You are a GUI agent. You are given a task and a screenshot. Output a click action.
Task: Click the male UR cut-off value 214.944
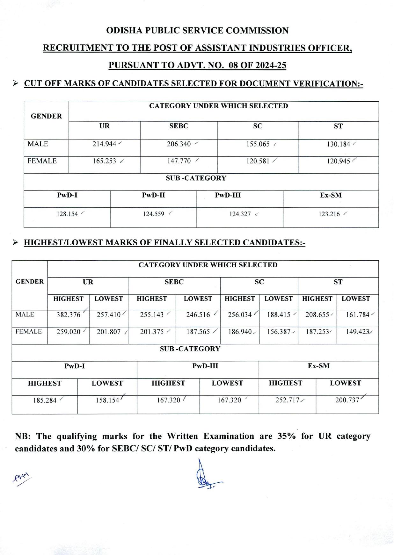(104, 144)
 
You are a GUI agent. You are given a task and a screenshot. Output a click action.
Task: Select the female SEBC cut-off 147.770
(179, 161)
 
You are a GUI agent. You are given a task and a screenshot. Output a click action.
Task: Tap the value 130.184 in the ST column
(338, 144)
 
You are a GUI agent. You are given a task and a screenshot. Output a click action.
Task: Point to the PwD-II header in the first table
(153, 195)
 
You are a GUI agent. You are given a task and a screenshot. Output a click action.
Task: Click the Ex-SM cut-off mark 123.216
(329, 214)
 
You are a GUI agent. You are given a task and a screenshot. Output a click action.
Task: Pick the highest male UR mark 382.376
(69, 315)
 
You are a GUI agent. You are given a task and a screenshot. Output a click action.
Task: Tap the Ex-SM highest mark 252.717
(287, 400)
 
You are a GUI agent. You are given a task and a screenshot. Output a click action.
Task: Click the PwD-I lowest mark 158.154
(107, 400)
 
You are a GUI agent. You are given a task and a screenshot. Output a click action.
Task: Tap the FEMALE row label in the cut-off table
(42, 161)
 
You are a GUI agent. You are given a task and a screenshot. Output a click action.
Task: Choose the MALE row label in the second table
(25, 315)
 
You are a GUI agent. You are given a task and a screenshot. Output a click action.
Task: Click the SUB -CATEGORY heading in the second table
(190, 349)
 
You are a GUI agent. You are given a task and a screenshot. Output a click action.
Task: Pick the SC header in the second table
(259, 282)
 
